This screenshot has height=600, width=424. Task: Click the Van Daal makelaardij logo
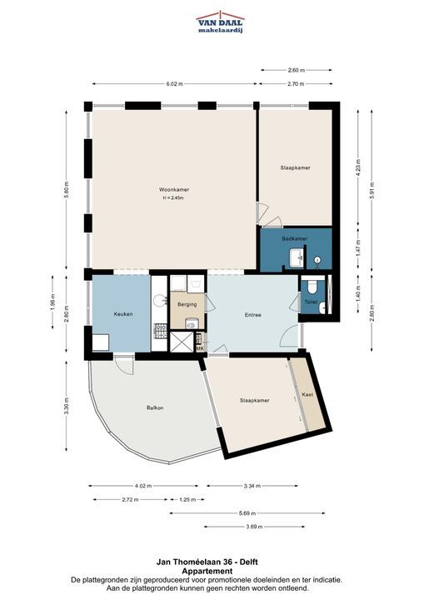click(x=220, y=22)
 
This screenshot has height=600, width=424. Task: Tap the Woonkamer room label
click(x=174, y=189)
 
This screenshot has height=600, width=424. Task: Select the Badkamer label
click(x=295, y=238)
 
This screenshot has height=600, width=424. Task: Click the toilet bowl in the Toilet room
click(x=312, y=287)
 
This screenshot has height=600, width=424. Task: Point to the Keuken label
click(x=123, y=314)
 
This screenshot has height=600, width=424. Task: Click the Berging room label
click(x=187, y=305)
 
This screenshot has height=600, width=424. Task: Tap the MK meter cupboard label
click(x=200, y=348)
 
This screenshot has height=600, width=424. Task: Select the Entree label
click(x=253, y=315)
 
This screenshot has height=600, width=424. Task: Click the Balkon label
click(x=155, y=407)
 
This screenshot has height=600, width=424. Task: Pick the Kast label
click(x=307, y=394)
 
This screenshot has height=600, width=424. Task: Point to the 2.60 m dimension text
click(x=297, y=70)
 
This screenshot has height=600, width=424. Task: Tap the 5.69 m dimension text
click(x=247, y=513)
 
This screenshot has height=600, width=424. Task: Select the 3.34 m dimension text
click(x=252, y=486)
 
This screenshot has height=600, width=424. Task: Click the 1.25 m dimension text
click(x=187, y=499)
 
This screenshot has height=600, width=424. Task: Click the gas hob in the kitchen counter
click(x=160, y=331)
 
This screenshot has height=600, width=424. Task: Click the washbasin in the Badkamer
click(x=297, y=258)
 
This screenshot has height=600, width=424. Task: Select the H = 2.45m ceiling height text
click(x=173, y=197)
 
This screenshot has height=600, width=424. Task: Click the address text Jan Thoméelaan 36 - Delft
click(x=207, y=562)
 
